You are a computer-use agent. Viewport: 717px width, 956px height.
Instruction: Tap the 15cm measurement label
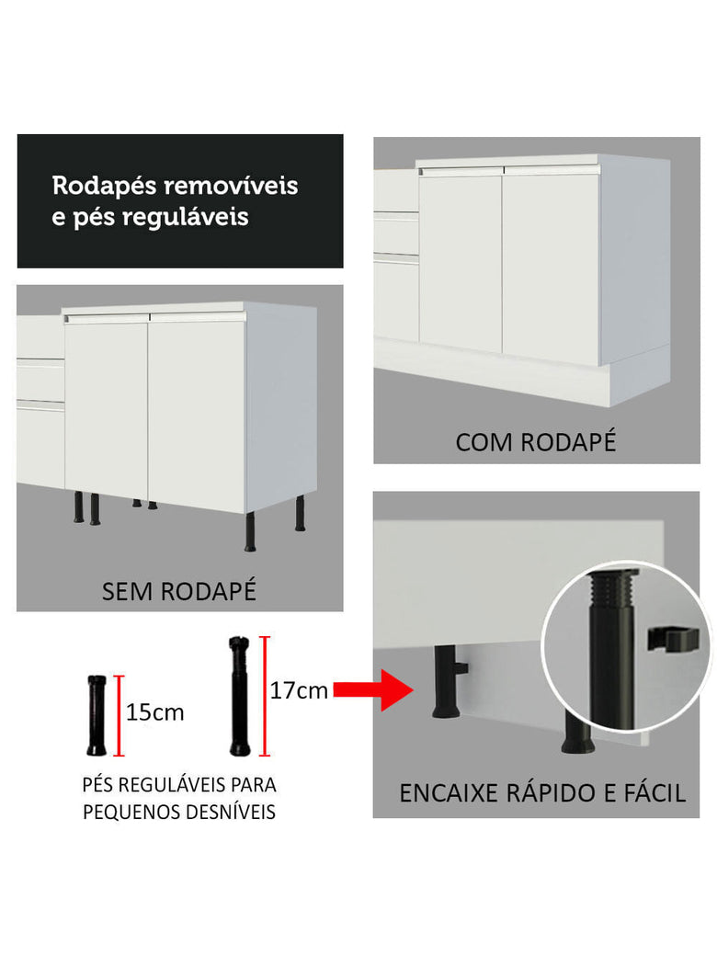[155, 712]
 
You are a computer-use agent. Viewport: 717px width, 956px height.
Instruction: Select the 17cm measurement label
[299, 690]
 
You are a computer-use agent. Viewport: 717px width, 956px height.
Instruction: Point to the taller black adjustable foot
[239, 695]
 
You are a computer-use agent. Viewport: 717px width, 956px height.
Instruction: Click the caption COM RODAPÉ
[535, 441]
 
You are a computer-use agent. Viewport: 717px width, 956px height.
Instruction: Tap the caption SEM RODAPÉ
[178, 591]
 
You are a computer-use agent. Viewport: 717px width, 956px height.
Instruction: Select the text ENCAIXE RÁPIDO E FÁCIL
[542, 793]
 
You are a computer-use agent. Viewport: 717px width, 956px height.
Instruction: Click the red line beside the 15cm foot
[119, 715]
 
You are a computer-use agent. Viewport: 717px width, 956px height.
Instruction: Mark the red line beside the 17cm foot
[266, 695]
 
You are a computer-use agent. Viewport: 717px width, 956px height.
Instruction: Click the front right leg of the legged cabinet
[250, 533]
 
